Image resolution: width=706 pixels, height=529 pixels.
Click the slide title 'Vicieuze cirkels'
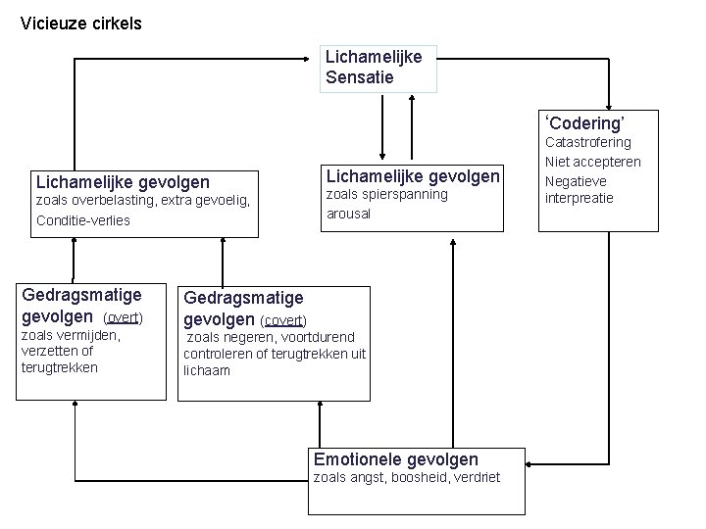[80, 23]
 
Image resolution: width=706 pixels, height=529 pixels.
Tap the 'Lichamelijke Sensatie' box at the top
[375, 67]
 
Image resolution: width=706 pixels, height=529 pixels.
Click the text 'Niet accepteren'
[592, 162]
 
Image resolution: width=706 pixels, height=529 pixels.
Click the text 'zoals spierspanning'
[385, 194]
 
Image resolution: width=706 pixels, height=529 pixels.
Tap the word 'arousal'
[347, 213]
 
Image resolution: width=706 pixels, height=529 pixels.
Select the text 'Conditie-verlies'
[82, 220]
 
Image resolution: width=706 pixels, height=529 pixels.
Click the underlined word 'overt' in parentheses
[125, 317]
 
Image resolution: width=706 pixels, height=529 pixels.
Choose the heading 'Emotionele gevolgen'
[396, 459]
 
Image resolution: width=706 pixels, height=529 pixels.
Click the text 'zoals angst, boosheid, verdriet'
[406, 478]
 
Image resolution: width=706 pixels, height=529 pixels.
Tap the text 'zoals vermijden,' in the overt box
[70, 336]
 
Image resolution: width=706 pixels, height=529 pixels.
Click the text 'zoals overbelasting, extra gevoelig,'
[143, 201]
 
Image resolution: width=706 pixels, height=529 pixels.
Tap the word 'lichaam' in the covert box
[207, 371]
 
